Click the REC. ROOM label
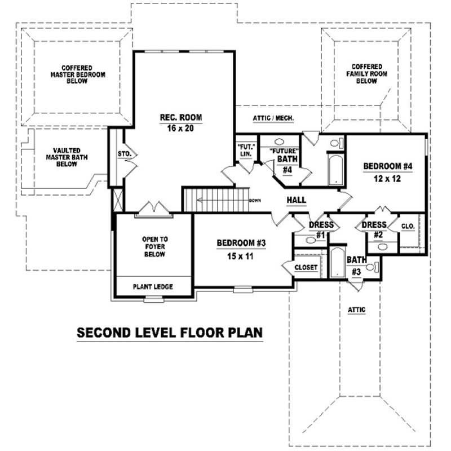tap(180, 117)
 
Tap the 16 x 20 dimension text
tap(180, 128)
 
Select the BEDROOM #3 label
tap(241, 243)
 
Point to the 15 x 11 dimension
tap(241, 254)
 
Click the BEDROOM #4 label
tap(388, 166)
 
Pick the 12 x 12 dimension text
tap(388, 178)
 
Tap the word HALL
tap(296, 200)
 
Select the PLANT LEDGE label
tap(153, 287)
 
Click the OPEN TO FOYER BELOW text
tap(154, 246)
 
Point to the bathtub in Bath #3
tap(337, 263)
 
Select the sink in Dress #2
tap(383, 246)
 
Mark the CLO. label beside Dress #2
tap(408, 226)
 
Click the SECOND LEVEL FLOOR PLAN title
tap(170, 333)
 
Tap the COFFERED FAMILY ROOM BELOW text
tap(366, 74)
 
